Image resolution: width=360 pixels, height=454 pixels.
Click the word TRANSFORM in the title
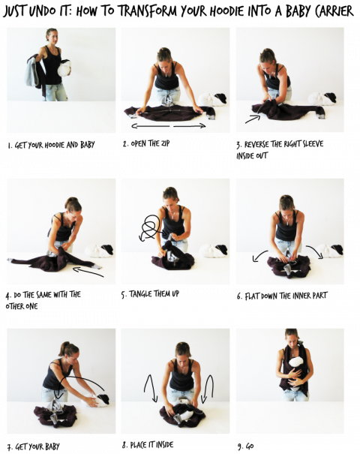point(149,11)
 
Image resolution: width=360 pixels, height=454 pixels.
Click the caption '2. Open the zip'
point(146,143)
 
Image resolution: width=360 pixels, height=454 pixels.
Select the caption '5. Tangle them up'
point(150,294)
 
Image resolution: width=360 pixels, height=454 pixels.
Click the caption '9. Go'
point(246,446)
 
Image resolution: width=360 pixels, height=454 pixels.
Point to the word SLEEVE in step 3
point(313,144)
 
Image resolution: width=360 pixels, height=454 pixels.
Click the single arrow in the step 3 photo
point(253,119)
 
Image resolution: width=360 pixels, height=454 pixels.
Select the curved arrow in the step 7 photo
point(81,377)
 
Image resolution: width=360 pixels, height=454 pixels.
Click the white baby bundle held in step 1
point(64,68)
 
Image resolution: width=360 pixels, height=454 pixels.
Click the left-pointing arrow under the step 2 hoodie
point(151,126)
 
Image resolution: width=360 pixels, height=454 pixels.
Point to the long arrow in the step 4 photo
point(88,272)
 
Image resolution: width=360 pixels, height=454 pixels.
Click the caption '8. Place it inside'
point(148,445)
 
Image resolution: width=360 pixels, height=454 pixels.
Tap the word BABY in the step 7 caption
point(52,446)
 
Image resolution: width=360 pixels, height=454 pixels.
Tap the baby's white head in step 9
point(296,362)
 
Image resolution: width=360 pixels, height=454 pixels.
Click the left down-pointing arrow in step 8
point(151,388)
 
